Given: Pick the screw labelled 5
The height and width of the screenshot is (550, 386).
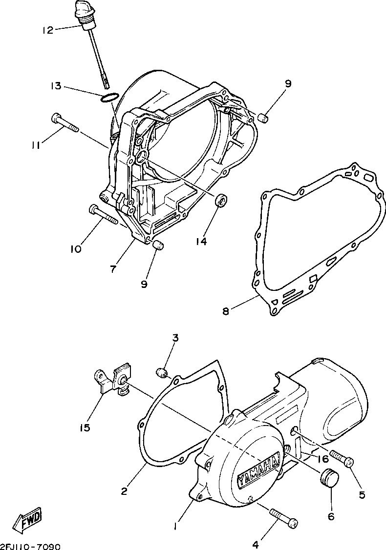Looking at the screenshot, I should (x=342, y=459).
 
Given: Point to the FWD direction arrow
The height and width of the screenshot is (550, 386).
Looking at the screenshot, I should (x=29, y=520).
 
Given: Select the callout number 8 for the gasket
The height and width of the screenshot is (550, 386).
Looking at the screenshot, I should (x=225, y=311).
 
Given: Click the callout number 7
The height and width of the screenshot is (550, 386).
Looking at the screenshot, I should (x=113, y=269).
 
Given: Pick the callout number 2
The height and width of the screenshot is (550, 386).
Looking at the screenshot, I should (x=124, y=490).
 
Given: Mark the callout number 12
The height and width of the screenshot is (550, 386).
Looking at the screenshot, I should (x=47, y=30).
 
